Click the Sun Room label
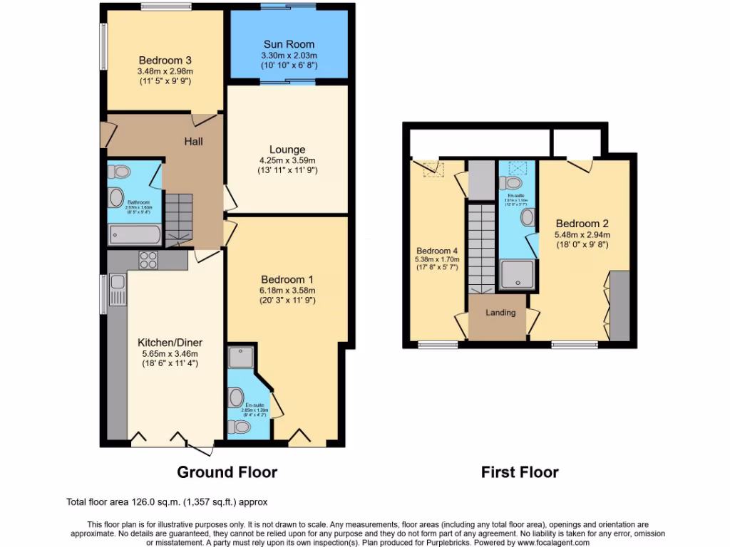pos(288,44)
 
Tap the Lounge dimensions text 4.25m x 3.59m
pos(287,160)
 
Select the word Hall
pos(193,141)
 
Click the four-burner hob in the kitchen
pos(148,260)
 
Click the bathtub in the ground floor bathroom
pos(135,234)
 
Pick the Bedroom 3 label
pos(165,61)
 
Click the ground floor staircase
pos(180,217)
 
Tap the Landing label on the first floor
pos(500,313)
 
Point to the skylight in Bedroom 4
pos(430,169)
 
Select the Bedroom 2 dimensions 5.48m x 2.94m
pos(582,234)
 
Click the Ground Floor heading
pos(227,472)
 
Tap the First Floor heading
pos(520,472)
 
